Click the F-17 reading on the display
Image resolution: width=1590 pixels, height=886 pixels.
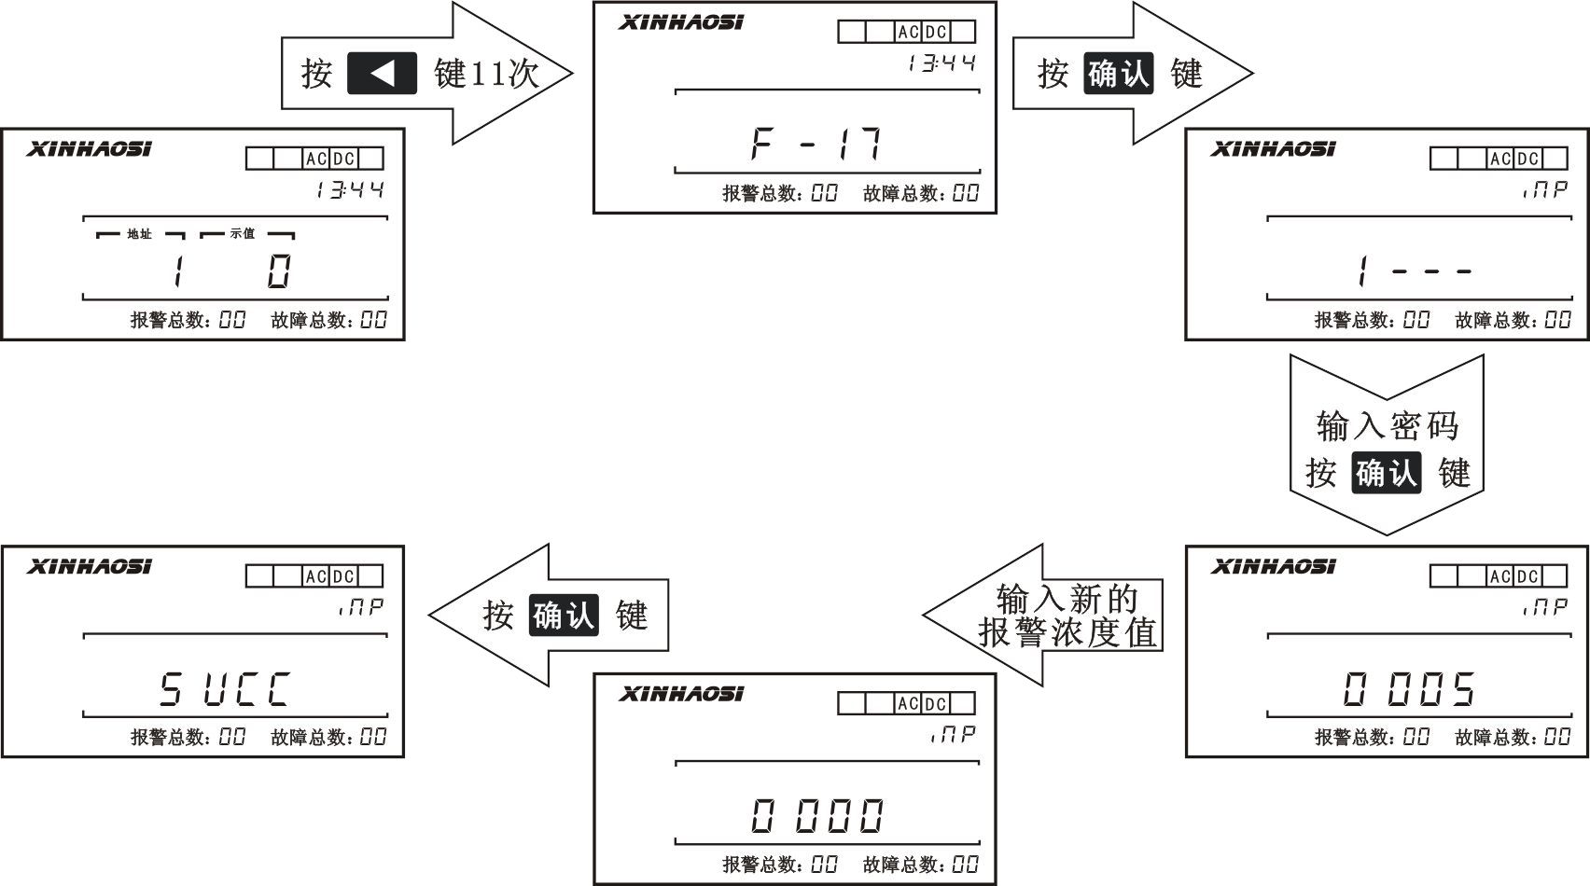[816, 145]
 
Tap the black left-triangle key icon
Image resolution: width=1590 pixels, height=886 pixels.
[382, 74]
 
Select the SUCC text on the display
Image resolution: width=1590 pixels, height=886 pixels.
[224, 690]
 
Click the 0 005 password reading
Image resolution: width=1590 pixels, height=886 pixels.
[1409, 690]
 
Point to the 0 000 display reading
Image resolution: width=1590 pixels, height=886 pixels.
[816, 816]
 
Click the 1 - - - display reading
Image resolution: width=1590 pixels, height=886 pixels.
[1414, 271]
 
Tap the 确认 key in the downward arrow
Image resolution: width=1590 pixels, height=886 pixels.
[1387, 473]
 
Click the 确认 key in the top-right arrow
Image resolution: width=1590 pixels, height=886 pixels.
[1118, 74]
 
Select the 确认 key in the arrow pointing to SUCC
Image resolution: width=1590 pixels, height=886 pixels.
[564, 616]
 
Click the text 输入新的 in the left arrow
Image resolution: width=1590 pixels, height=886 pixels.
[1067, 598]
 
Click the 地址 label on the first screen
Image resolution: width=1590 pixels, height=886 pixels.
[139, 234]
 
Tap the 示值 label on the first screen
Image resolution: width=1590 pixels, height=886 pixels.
[243, 234]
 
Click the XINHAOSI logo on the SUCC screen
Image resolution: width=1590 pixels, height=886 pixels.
[89, 566]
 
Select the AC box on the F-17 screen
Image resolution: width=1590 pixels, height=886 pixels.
[908, 32]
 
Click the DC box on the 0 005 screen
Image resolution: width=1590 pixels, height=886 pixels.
[1527, 576]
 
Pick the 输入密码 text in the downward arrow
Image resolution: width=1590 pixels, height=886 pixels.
[1387, 426]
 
